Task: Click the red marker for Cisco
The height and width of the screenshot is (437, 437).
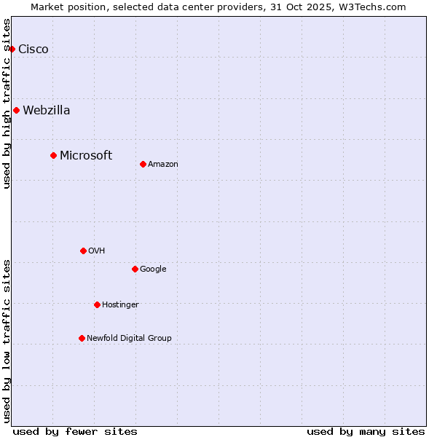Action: click(12, 49)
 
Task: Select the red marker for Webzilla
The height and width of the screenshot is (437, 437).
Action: click(16, 110)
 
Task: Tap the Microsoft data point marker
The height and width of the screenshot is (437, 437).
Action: click(53, 155)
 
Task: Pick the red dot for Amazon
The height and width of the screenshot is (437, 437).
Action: click(143, 164)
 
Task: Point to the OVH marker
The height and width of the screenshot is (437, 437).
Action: click(83, 251)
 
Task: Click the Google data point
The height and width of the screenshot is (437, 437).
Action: click(135, 269)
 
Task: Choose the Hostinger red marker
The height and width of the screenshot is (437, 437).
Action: click(97, 304)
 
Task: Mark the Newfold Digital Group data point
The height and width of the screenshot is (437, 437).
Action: click(82, 338)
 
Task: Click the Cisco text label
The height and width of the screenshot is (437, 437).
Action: click(34, 49)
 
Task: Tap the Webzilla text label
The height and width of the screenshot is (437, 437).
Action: click(47, 110)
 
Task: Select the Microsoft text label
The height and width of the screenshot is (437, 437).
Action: click(86, 155)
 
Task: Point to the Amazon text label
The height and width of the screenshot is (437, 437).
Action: click(163, 164)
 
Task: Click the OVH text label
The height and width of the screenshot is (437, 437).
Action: click(97, 251)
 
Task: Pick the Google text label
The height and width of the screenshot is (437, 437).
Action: click(153, 269)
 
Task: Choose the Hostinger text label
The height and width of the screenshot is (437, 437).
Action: click(120, 304)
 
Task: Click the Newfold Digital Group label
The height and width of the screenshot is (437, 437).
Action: click(129, 338)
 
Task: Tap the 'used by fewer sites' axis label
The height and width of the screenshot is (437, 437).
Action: click(75, 431)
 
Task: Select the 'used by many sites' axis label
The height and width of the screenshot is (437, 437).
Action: click(366, 431)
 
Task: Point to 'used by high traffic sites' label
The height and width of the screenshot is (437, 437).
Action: click(7, 103)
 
